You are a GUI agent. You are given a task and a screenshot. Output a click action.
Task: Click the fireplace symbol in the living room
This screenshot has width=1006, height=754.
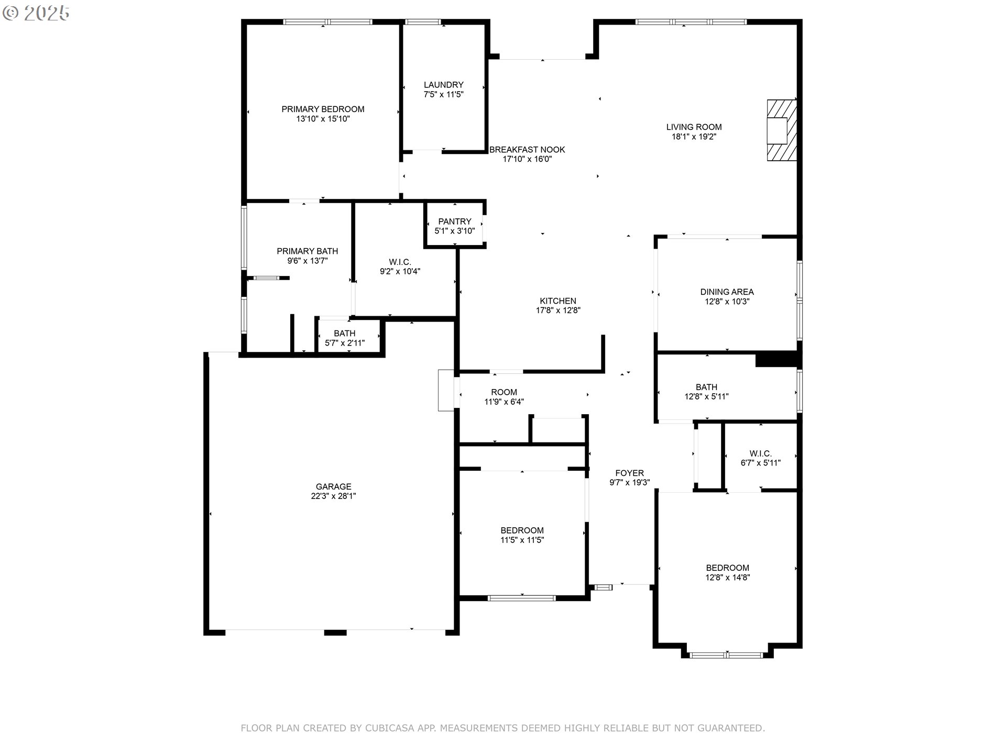tap(782, 130)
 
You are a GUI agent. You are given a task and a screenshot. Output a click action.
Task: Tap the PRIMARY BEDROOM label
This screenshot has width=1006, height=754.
tap(323, 109)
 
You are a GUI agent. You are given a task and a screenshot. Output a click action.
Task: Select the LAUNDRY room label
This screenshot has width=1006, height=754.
tap(444, 85)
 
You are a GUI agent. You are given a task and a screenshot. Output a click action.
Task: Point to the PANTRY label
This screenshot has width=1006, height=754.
tap(455, 221)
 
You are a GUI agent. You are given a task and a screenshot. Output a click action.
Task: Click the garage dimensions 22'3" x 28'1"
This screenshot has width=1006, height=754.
tap(333, 496)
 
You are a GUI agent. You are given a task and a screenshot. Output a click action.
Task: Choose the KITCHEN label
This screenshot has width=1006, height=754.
tap(558, 301)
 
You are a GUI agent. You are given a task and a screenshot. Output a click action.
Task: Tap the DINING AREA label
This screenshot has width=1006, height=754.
tap(727, 292)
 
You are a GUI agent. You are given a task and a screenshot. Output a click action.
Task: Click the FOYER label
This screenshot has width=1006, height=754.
tap(630, 473)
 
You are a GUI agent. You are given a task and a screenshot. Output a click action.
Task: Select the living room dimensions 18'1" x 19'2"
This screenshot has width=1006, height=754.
tap(694, 137)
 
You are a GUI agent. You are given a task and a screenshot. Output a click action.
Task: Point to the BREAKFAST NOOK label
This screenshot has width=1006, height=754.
tap(527, 150)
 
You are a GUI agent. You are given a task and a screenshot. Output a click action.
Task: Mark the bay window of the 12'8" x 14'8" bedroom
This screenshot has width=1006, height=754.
tap(727, 655)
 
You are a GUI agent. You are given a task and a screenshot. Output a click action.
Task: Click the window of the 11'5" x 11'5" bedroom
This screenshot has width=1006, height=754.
tap(522, 597)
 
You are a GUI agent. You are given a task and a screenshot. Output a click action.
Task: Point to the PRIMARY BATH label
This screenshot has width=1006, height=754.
tap(308, 251)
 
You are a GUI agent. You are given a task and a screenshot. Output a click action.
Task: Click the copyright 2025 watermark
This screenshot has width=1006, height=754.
tap(36, 13)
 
